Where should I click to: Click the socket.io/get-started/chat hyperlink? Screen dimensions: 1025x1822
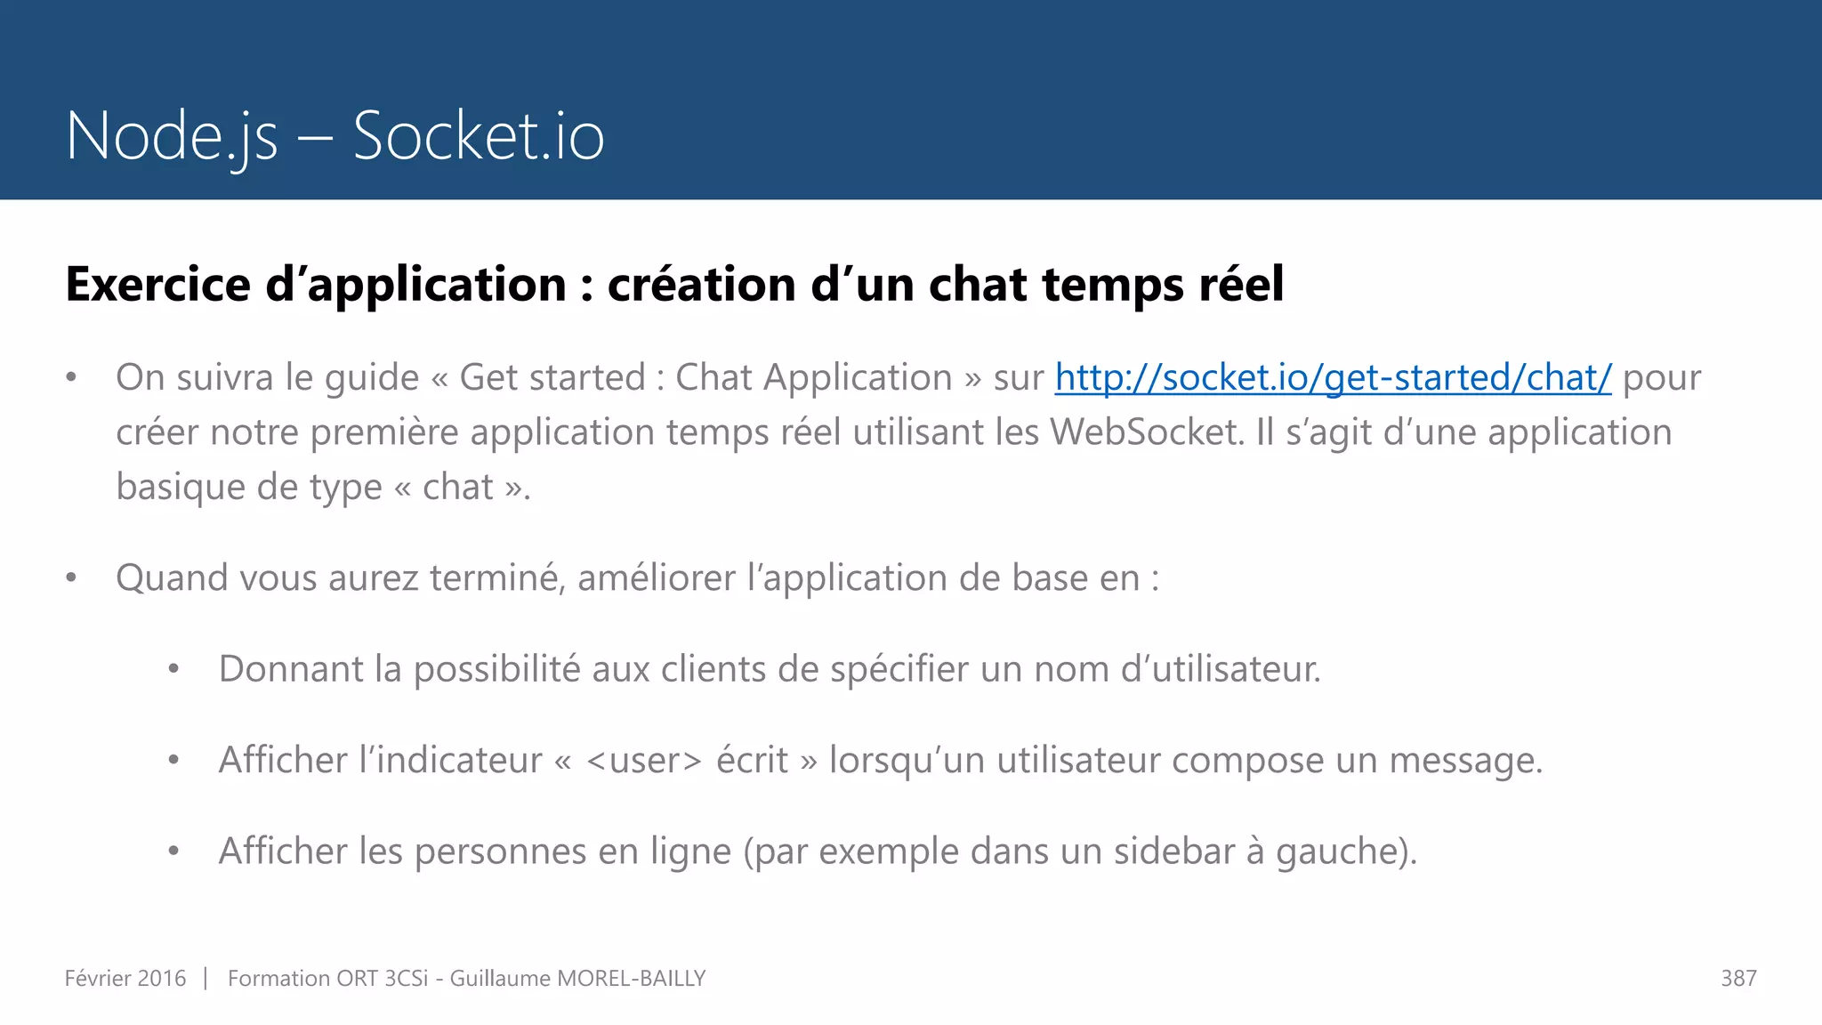(1333, 378)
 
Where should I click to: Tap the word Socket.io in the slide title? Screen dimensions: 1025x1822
(479, 136)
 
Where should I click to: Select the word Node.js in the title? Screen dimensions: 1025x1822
(172, 136)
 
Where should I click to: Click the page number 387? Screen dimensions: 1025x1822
(1738, 979)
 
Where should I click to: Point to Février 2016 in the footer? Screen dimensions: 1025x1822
(125, 979)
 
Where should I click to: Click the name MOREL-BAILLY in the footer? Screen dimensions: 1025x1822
(631, 979)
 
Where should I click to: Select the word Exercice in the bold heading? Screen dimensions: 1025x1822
(158, 285)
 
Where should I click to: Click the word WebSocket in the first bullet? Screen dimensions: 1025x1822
(1146, 432)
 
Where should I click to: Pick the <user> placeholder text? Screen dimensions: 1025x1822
(644, 761)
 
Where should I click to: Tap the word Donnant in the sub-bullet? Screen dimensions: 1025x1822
(291, 669)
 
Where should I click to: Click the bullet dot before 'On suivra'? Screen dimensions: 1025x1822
(71, 378)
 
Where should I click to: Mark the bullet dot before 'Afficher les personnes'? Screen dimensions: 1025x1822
(174, 851)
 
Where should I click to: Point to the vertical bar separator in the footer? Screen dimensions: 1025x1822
(206, 979)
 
